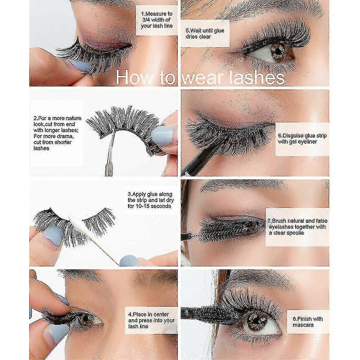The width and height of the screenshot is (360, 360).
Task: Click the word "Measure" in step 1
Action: click(x=159, y=14)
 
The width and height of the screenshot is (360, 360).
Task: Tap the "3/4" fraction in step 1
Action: click(x=146, y=20)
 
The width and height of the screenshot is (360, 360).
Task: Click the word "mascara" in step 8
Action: click(x=303, y=325)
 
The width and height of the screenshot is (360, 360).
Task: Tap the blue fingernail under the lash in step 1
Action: click(x=80, y=66)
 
